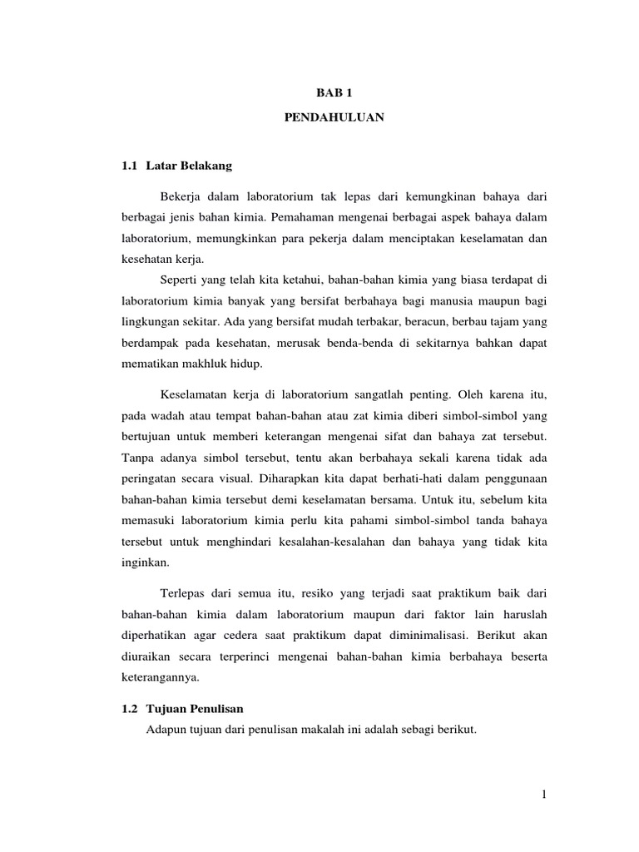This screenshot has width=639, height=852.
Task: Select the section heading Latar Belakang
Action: click(x=189, y=166)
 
